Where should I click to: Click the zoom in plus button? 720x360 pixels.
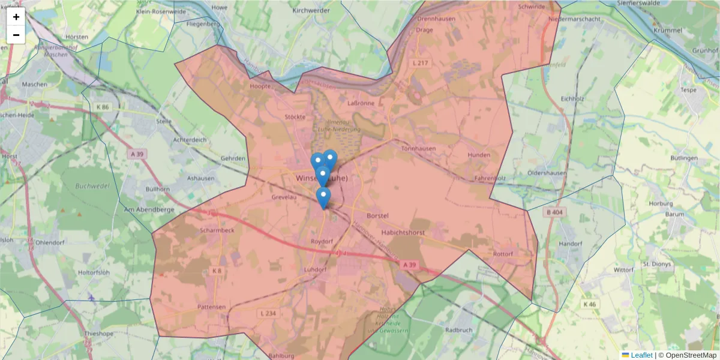pyautogui.click(x=16, y=17)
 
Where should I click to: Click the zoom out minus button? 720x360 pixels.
pyautogui.click(x=16, y=35)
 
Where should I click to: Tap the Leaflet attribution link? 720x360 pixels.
pyautogui.click(x=641, y=355)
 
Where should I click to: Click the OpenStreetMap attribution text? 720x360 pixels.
pyautogui.click(x=691, y=355)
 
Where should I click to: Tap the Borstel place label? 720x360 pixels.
pyautogui.click(x=378, y=215)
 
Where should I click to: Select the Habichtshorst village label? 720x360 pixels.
pyautogui.click(x=403, y=232)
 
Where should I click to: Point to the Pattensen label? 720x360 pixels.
pyautogui.click(x=211, y=307)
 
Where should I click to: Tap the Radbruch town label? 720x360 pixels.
pyautogui.click(x=460, y=330)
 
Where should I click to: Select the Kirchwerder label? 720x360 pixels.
pyautogui.click(x=311, y=11)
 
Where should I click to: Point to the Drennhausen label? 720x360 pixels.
pyautogui.click(x=436, y=19)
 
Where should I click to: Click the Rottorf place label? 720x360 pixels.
pyautogui.click(x=503, y=254)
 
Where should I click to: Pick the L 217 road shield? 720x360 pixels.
pyautogui.click(x=420, y=63)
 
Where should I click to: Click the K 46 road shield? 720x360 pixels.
pyautogui.click(x=589, y=304)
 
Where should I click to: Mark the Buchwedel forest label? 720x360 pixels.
pyautogui.click(x=92, y=186)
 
